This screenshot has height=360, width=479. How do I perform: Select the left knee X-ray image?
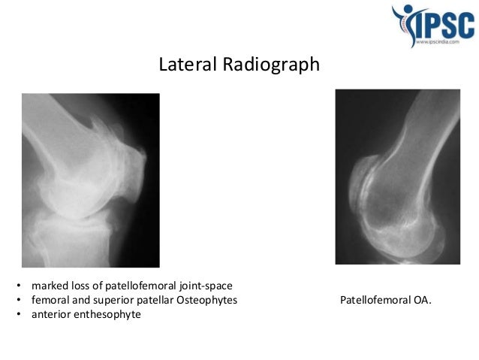click(x=90, y=180)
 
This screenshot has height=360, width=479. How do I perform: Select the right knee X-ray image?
click(x=397, y=177)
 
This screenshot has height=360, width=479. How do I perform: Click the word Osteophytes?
click(x=206, y=301)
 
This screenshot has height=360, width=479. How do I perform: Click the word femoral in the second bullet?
click(x=50, y=301)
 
